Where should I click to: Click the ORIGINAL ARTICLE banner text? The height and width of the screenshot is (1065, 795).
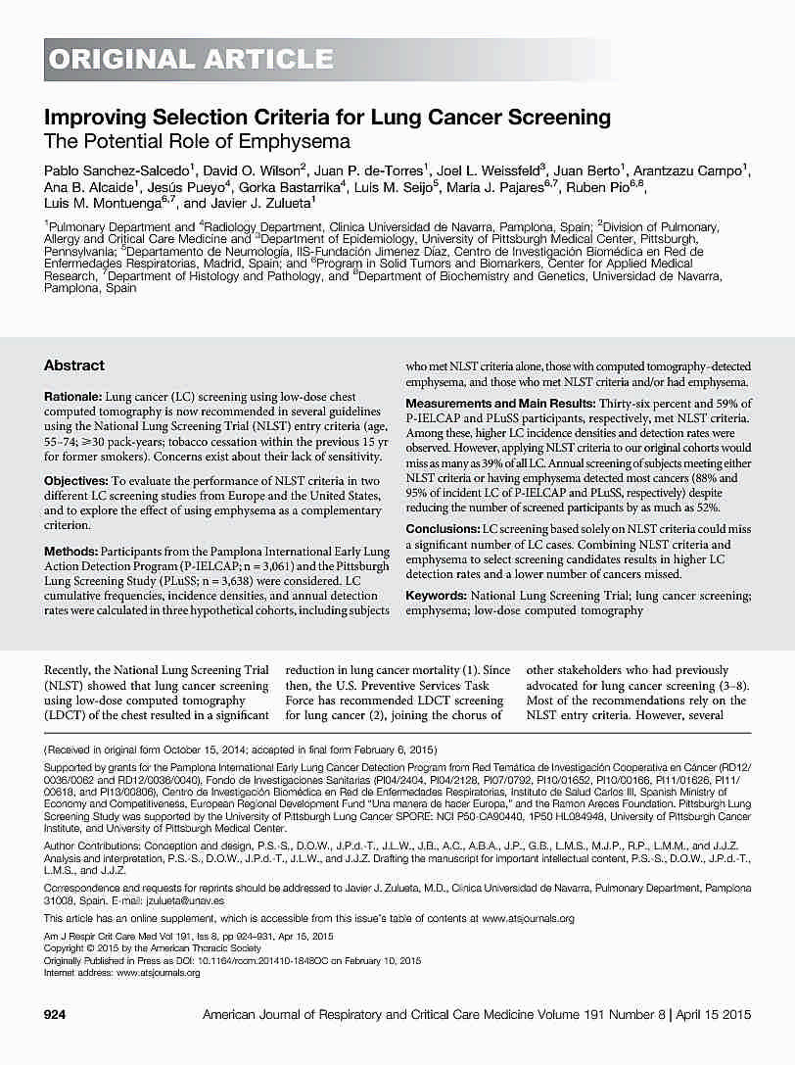click(x=191, y=60)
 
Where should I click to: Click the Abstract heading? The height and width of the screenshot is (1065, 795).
click(x=73, y=365)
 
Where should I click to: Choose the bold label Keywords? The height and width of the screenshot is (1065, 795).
click(x=436, y=596)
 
